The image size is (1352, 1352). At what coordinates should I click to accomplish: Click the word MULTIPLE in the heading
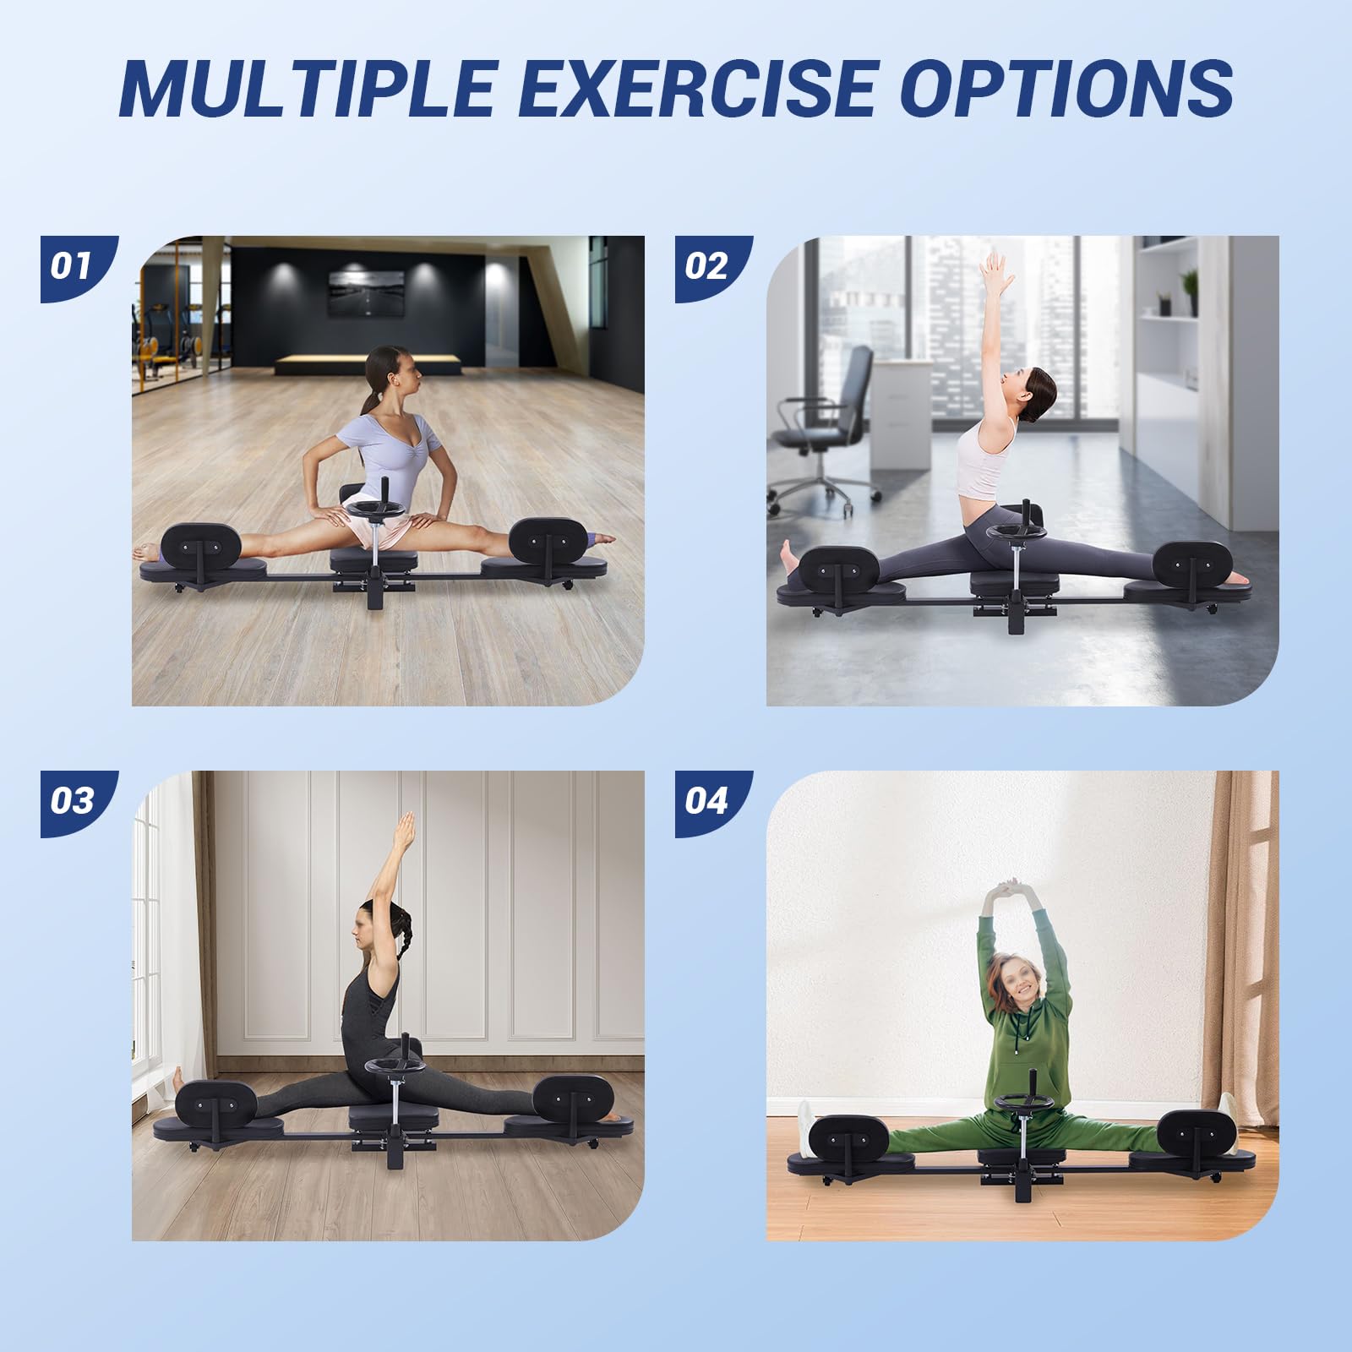[307, 89]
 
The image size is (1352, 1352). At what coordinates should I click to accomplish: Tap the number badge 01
[74, 269]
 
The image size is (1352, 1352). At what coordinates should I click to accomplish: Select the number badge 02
[708, 269]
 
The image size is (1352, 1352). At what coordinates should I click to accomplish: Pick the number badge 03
[74, 804]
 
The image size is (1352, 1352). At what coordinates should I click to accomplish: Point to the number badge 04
[708, 804]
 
